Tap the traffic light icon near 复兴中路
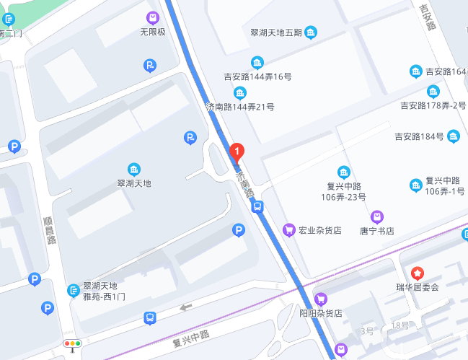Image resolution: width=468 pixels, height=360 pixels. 72,344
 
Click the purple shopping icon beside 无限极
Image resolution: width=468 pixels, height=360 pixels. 152,17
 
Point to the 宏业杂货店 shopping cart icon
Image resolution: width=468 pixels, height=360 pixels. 288,230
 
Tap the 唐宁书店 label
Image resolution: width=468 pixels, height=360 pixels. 376,231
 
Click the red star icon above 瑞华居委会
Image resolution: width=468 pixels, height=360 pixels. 417,273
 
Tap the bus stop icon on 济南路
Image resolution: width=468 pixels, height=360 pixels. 257,206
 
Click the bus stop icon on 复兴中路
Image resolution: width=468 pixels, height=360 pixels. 149,317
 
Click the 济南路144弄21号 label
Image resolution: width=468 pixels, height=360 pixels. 240,107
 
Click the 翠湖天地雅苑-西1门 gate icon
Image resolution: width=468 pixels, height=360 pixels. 73,290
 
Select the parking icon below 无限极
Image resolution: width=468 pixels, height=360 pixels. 149,67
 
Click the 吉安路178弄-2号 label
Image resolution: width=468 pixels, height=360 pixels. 433,105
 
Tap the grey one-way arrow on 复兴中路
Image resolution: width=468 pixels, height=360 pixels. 187,307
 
